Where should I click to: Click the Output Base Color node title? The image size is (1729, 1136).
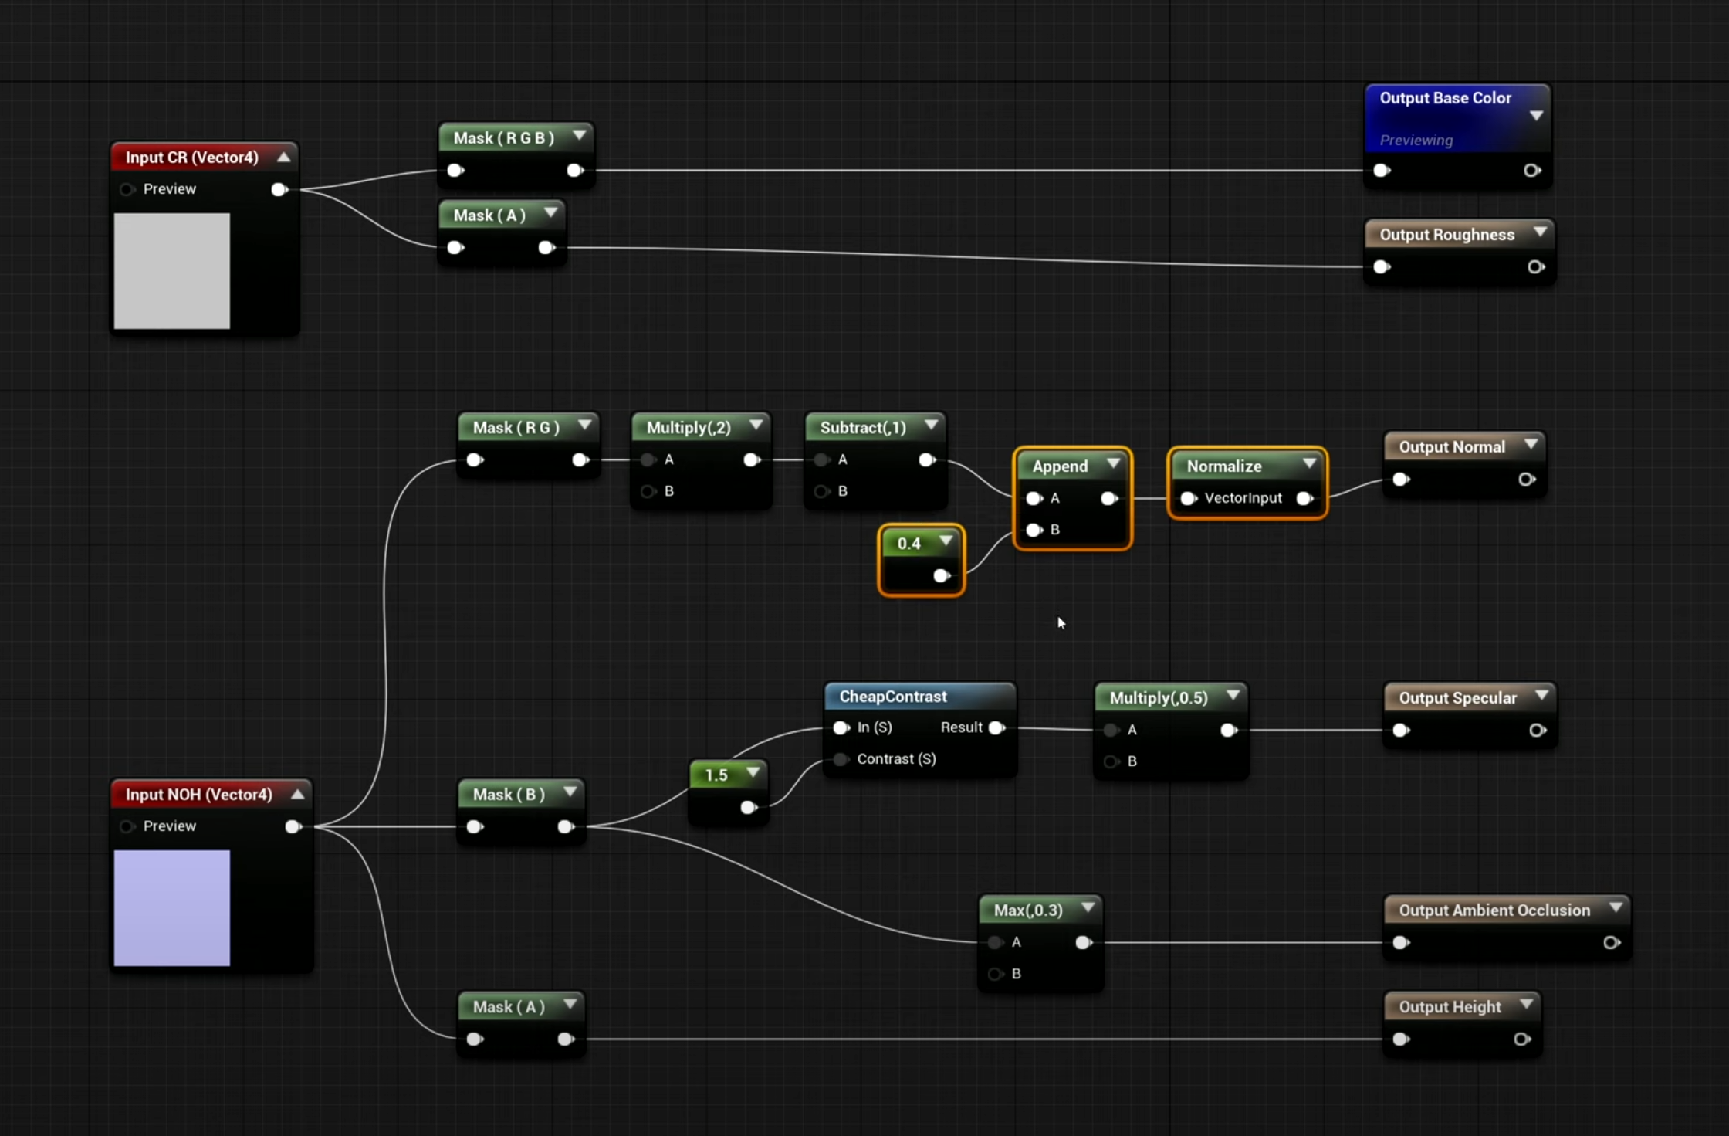point(1444,98)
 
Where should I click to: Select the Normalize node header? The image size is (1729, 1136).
point(1223,466)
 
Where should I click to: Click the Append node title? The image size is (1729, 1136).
point(1059,466)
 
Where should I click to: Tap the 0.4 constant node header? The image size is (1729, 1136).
point(908,543)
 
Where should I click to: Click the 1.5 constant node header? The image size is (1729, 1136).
point(716,775)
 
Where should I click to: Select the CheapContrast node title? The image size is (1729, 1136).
point(892,696)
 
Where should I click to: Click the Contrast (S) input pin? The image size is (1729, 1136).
point(841,759)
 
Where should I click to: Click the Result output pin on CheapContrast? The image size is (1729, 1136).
point(996,727)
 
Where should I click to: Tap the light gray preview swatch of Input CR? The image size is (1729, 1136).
point(171,271)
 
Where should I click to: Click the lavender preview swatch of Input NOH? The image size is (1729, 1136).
point(171,908)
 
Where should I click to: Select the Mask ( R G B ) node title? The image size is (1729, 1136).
point(503,137)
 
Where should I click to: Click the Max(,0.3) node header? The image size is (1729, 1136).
point(1027,910)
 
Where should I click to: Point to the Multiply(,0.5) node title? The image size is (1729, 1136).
point(1158,697)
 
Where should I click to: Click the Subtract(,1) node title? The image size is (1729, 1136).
point(862,427)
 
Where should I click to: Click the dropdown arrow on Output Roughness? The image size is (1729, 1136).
point(1540,232)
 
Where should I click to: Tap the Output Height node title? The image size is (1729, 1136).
point(1450,1006)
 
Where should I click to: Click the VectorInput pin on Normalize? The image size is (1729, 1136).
point(1188,498)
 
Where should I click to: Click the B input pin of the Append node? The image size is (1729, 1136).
point(1034,530)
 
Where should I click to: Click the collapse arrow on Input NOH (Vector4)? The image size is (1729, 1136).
point(297,793)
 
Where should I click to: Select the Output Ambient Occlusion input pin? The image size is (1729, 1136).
point(1401,942)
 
